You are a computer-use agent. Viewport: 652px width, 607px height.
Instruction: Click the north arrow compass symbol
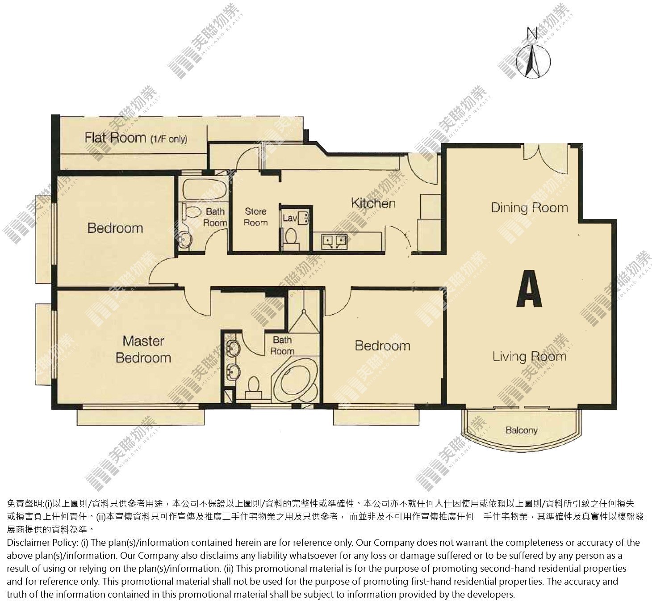tap(533, 56)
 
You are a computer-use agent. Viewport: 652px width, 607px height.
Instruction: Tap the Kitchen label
tap(373, 203)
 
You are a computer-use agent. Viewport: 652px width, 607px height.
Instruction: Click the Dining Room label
tap(529, 207)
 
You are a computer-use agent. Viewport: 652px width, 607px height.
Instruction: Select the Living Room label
tap(529, 357)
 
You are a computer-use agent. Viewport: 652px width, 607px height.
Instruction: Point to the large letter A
tap(529, 288)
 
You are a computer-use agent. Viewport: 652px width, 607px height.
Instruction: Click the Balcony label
tap(521, 430)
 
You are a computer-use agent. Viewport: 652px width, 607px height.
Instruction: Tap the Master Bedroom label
tap(143, 349)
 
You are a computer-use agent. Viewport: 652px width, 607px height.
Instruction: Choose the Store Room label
tap(255, 217)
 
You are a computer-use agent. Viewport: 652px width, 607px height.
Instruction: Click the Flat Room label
tap(136, 138)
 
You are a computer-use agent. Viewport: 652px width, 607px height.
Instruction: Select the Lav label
tap(289, 218)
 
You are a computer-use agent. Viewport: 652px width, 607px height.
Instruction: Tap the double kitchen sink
tap(334, 241)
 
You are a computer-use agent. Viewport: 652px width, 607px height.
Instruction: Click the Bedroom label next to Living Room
tap(382, 346)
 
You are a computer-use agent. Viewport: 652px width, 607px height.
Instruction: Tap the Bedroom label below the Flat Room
tap(115, 228)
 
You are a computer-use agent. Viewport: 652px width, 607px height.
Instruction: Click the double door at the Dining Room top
tap(546, 158)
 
